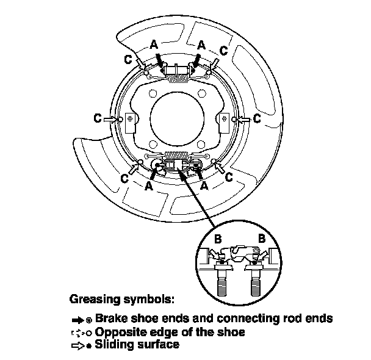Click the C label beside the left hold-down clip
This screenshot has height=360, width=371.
pos(98,118)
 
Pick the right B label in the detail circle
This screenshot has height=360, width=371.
pos(261,240)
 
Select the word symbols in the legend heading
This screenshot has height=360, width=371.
pos(153,300)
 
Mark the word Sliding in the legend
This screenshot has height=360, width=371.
pos(113,345)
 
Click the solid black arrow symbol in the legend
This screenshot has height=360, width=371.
pos(77,319)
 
